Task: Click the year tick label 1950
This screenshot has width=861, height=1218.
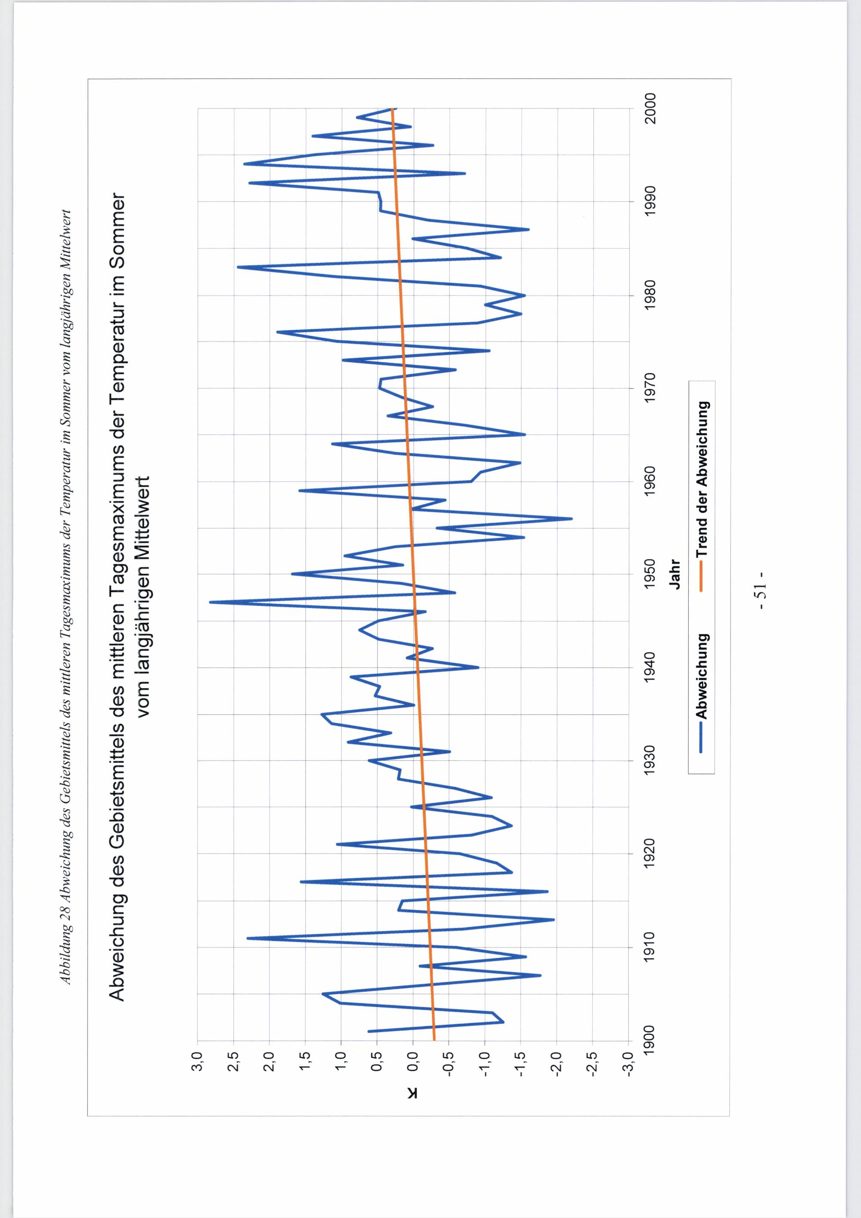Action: [x=650, y=574]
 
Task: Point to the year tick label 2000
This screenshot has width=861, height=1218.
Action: [x=650, y=108]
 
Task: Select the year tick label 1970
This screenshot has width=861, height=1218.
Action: [x=650, y=388]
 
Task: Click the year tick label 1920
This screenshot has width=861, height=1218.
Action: [x=650, y=854]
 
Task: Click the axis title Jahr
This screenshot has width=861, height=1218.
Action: [x=675, y=574]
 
